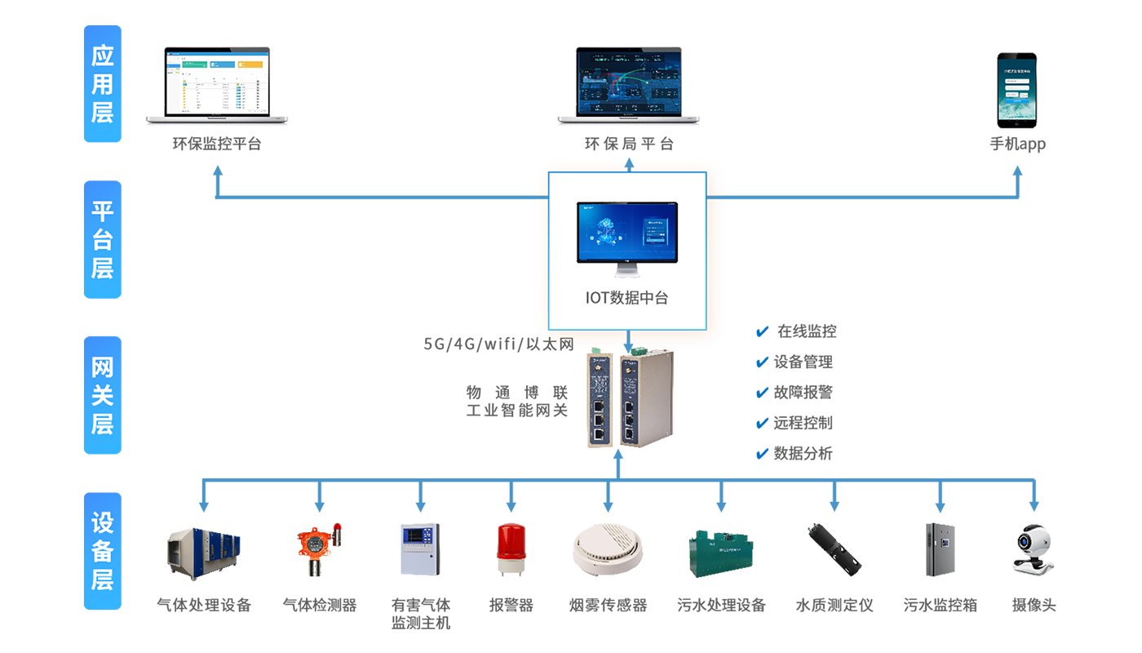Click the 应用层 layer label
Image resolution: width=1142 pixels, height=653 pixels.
click(x=102, y=85)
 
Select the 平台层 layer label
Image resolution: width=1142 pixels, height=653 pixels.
click(x=102, y=240)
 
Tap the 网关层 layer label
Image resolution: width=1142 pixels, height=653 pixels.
click(x=102, y=396)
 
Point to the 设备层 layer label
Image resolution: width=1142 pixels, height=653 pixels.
click(x=102, y=551)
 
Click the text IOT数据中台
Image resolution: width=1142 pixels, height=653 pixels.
click(x=626, y=298)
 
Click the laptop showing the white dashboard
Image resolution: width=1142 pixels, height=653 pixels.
click(x=217, y=85)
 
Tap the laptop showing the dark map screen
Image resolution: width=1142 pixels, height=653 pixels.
click(x=629, y=85)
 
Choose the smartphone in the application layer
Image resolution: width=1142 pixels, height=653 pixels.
click(x=1018, y=91)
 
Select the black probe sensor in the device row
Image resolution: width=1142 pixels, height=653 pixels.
click(x=828, y=543)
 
